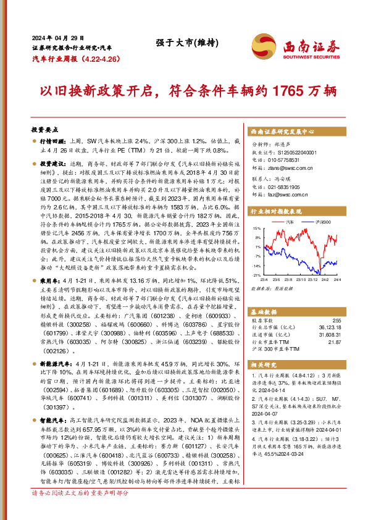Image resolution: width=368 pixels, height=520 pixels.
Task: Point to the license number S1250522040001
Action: point(291,151)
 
